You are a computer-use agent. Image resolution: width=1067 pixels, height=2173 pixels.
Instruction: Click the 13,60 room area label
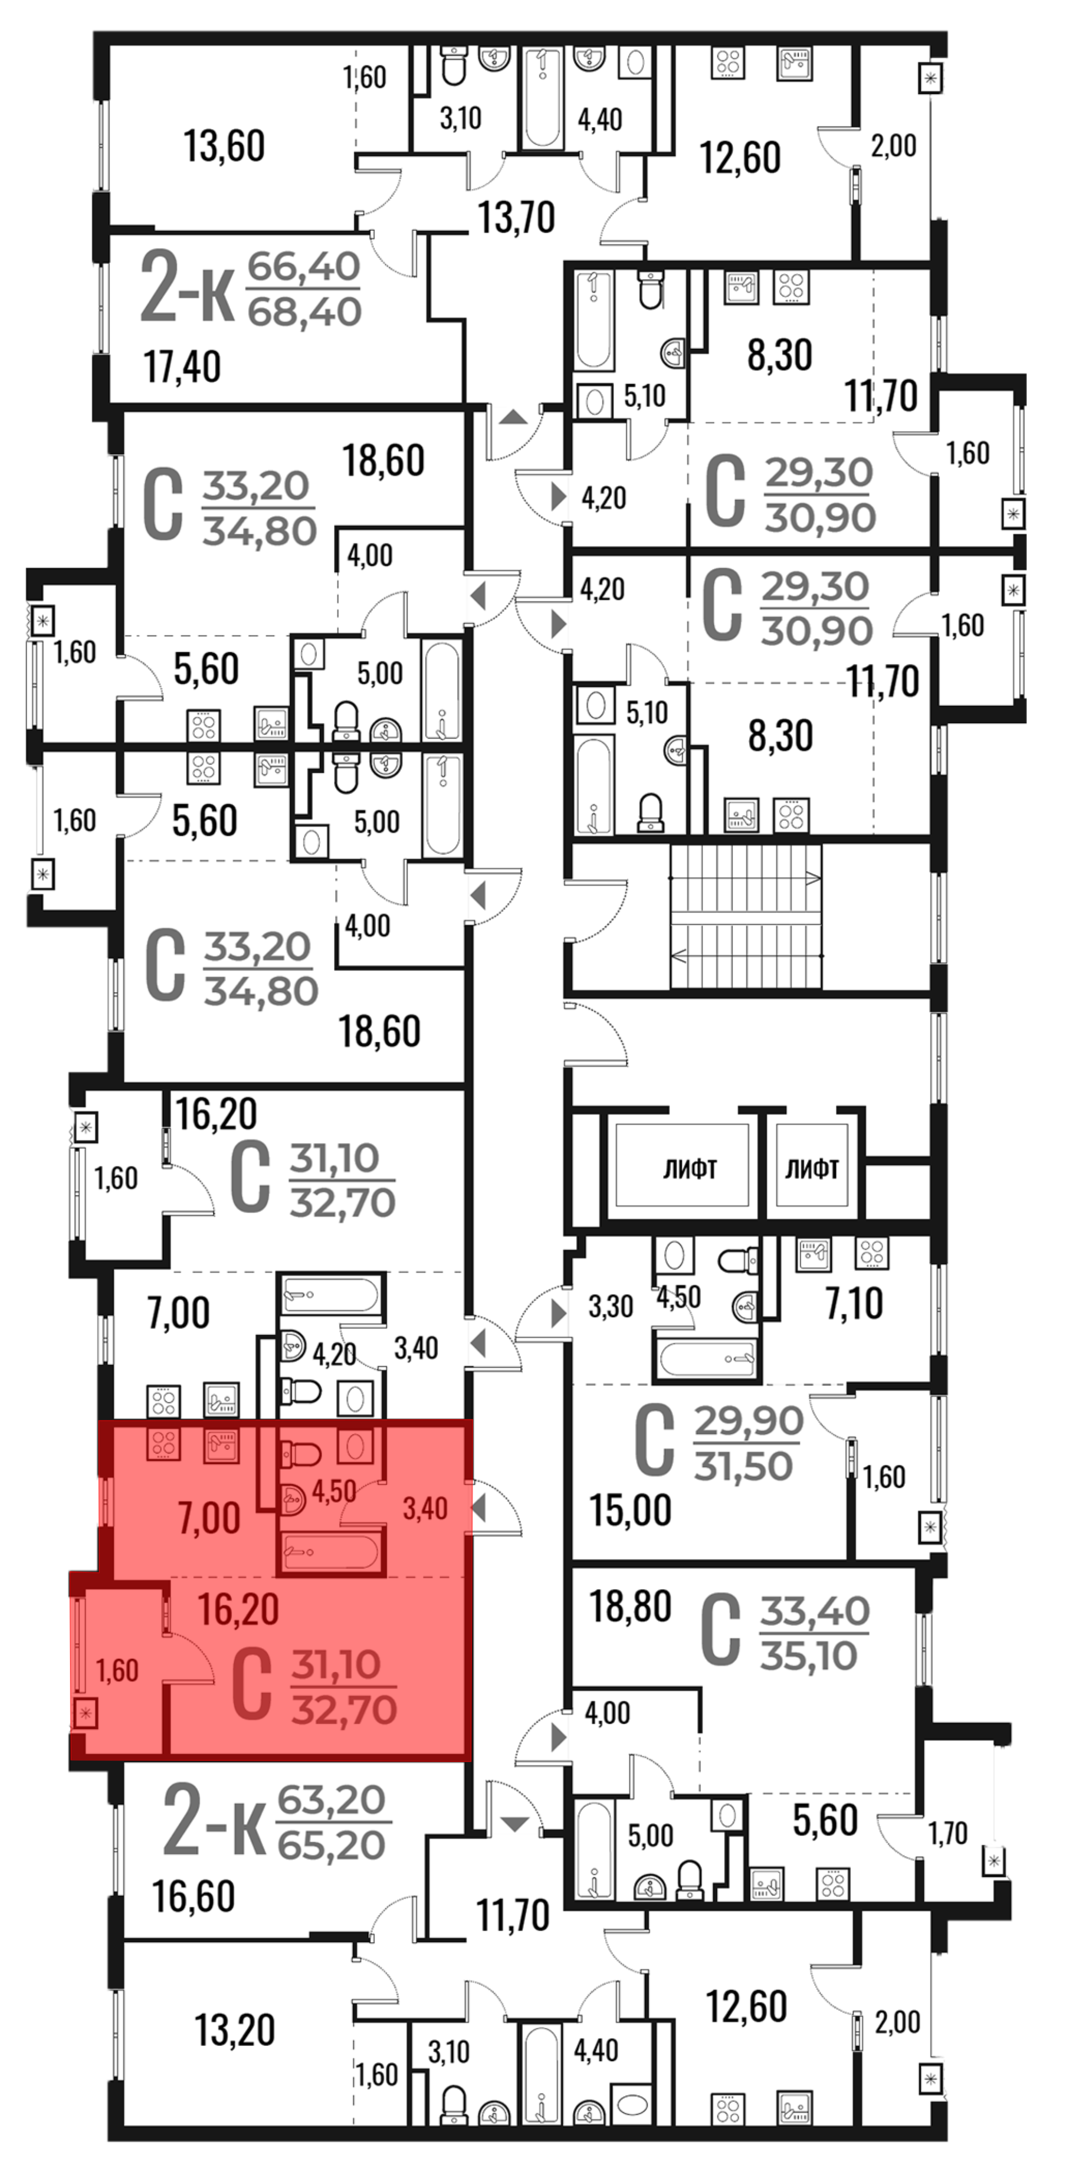tap(225, 146)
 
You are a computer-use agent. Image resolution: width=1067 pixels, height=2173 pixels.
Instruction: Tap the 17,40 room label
tap(182, 367)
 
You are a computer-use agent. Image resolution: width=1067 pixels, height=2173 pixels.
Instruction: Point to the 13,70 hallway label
tap(516, 218)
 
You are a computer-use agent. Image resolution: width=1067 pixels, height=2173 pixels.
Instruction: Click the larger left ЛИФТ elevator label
tap(689, 1169)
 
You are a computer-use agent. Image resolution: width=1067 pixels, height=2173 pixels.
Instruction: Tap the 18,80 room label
tap(630, 1607)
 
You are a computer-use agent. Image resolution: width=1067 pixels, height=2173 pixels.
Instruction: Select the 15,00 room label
tap(630, 1510)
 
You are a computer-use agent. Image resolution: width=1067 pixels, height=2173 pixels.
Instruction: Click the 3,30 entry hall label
tap(610, 1307)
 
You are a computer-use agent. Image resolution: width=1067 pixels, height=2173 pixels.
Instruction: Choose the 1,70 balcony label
tap(948, 1833)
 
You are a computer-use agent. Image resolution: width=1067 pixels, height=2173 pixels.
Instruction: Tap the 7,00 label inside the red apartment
tap(209, 1519)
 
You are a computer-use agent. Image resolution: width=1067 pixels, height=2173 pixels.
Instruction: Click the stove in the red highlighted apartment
tap(164, 1444)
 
